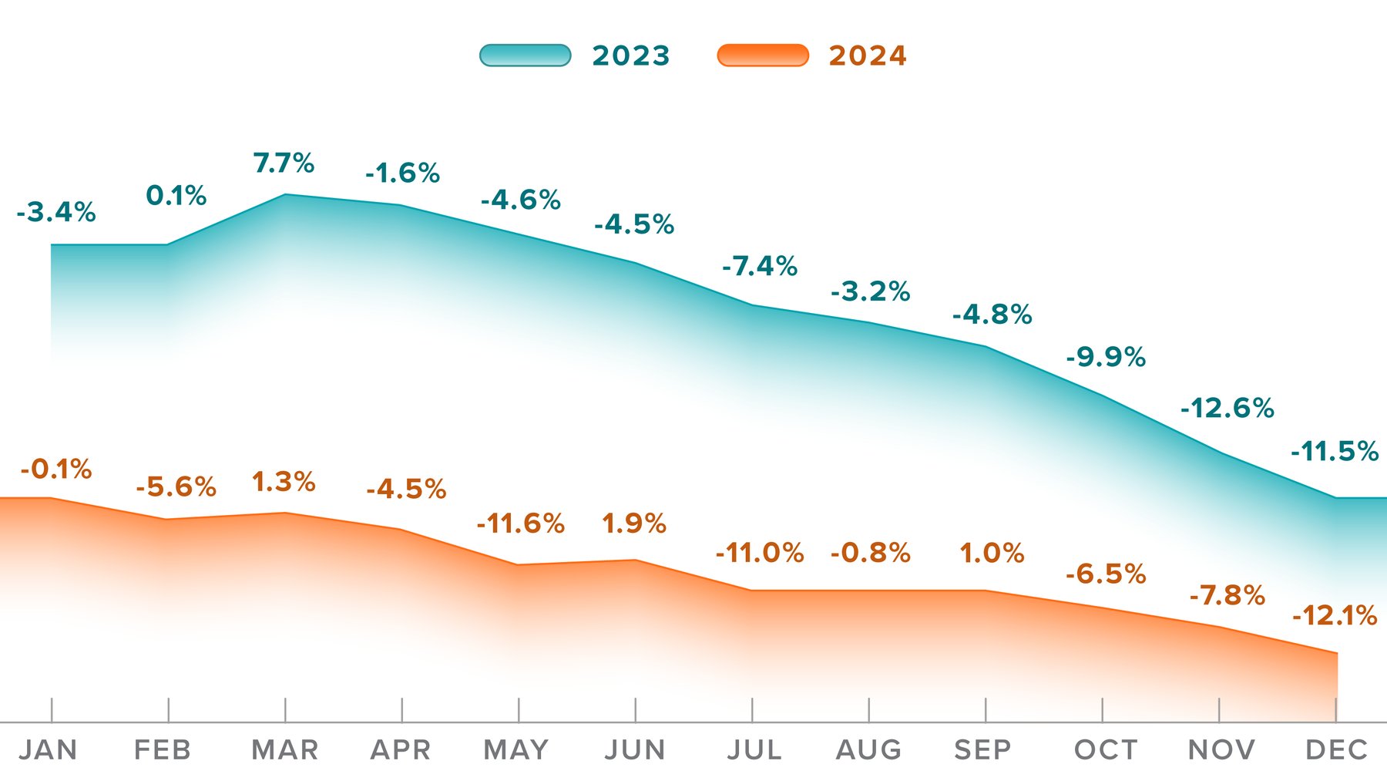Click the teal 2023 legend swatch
pyautogui.click(x=525, y=56)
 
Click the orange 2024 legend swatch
pyautogui.click(x=763, y=56)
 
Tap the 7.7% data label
pyautogui.click(x=284, y=163)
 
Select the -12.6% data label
pyautogui.click(x=1227, y=408)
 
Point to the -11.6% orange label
pyautogui.click(x=520, y=523)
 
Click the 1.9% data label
pyautogui.click(x=633, y=523)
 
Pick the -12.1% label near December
pyautogui.click(x=1334, y=615)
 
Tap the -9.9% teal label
pyautogui.click(x=1106, y=357)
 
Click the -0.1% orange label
pyautogui.click(x=56, y=469)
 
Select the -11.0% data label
pyautogui.click(x=759, y=553)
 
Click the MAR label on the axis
pyautogui.click(x=285, y=749)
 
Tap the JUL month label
pyautogui.click(x=754, y=749)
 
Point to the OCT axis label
pyautogui.click(x=1105, y=749)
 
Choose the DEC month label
pyautogui.click(x=1336, y=749)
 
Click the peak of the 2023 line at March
pyautogui.click(x=285, y=194)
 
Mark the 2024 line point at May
pyautogui.click(x=519, y=564)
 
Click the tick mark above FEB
pyautogui.click(x=168, y=709)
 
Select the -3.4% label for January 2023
pyautogui.click(x=56, y=212)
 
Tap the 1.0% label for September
pyautogui.click(x=991, y=553)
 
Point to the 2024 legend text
pyautogui.click(x=868, y=56)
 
